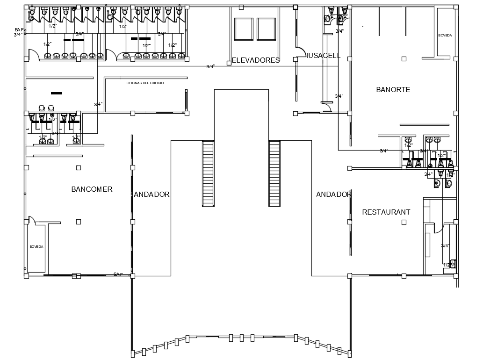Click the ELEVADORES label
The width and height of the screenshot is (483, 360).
click(x=256, y=60)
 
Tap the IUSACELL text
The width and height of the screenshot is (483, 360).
click(x=324, y=56)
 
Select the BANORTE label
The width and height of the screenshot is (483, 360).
click(x=393, y=89)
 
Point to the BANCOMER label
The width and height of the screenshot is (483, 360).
click(x=92, y=189)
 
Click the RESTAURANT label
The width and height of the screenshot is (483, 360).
click(x=386, y=212)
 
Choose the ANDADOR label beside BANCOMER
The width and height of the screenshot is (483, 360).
click(x=151, y=194)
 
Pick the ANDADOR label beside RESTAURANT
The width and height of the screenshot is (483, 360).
click(x=333, y=194)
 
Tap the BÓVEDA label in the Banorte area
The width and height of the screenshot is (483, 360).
click(x=445, y=36)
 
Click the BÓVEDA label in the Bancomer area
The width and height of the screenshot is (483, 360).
click(x=36, y=246)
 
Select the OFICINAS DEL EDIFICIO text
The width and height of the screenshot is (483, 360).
click(x=145, y=83)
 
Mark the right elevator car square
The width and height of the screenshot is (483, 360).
click(x=266, y=29)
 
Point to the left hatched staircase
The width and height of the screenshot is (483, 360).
click(x=208, y=173)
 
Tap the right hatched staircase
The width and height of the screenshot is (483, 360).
click(x=274, y=173)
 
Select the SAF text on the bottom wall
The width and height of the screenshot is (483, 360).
click(x=117, y=274)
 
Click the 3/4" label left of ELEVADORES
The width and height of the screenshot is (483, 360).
click(x=210, y=67)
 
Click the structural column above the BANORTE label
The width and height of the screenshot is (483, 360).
click(x=404, y=58)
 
